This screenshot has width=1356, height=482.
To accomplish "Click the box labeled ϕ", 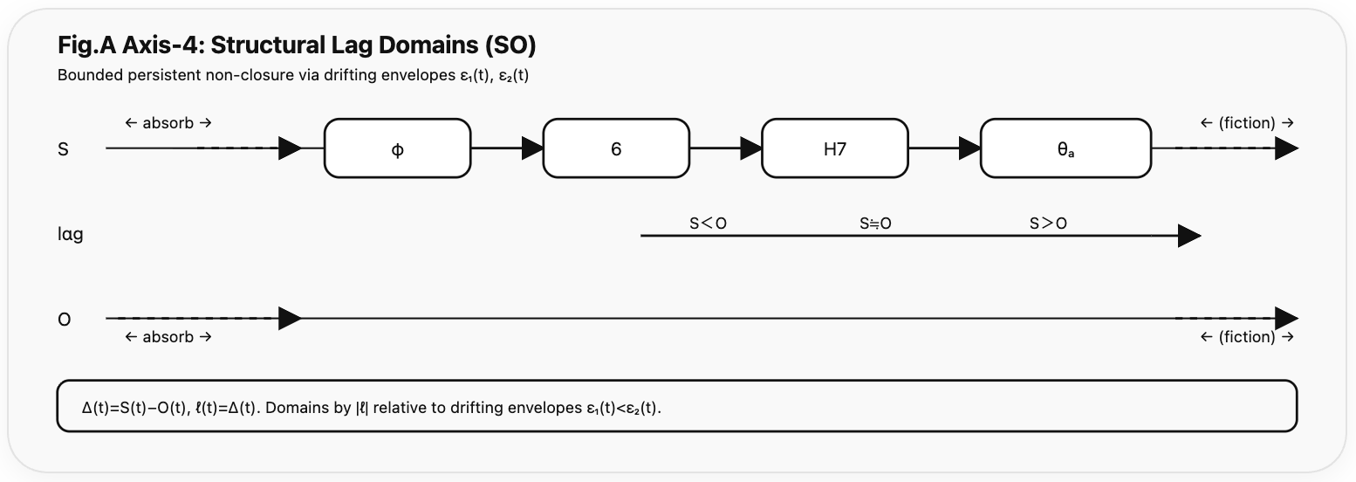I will tap(397, 148).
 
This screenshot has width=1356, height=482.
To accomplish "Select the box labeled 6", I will tap(616, 148).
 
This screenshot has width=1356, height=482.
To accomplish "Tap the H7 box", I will tap(835, 148).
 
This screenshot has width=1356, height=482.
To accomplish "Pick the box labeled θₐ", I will tap(1065, 148).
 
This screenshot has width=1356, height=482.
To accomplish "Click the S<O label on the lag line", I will tap(708, 224).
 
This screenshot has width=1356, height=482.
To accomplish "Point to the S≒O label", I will tap(875, 224).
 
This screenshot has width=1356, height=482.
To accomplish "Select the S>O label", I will tap(1048, 224).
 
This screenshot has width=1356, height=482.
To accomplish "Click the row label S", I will tap(63, 149).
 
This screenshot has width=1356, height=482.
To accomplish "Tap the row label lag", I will tap(70, 234).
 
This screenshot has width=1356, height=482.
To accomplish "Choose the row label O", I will tap(64, 320).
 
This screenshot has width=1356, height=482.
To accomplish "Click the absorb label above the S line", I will tap(168, 123).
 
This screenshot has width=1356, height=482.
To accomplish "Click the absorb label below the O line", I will tap(168, 337).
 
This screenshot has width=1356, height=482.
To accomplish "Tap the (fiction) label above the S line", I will tap(1247, 123).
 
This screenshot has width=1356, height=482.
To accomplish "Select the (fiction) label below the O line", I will tap(1247, 337).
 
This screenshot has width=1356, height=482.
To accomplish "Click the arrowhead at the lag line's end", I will tap(1188, 236).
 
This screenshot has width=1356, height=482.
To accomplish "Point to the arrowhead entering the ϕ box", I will tap(290, 148).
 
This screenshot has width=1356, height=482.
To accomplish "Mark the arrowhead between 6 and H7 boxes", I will tap(750, 148).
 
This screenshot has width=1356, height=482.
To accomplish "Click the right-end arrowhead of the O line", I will tap(1286, 319).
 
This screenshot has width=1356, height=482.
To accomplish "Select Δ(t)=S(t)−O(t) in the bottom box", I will tap(134, 408).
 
